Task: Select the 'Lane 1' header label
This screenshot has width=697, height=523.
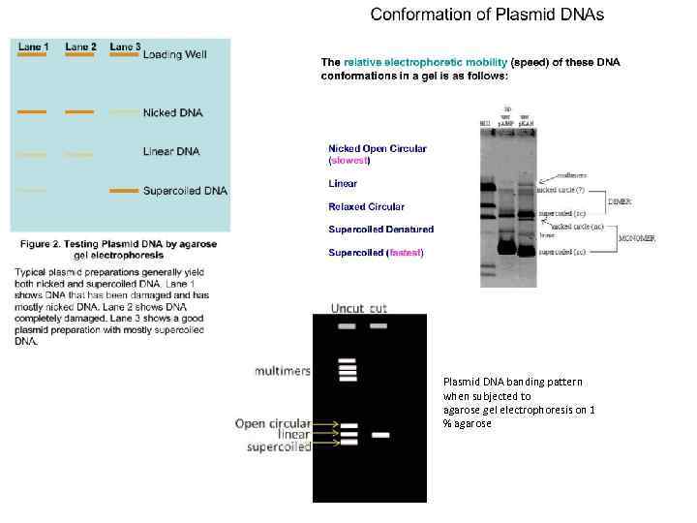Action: (34, 46)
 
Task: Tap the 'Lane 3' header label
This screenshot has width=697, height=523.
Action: (125, 46)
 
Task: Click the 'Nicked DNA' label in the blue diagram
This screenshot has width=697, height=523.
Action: (172, 113)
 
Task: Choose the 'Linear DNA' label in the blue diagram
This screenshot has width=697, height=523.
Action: (172, 153)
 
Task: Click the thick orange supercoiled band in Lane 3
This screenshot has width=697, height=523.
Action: (124, 191)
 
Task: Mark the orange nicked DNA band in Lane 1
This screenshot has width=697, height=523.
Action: (32, 112)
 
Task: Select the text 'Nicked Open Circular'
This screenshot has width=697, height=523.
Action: (378, 149)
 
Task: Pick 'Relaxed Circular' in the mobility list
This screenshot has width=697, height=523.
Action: (366, 206)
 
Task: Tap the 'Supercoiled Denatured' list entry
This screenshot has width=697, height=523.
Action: (380, 230)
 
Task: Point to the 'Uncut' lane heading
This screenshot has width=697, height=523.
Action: (348, 308)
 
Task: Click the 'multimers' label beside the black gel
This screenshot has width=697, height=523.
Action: (283, 371)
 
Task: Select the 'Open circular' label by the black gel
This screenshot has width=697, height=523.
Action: (272, 423)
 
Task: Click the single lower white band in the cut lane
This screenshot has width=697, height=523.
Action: (380, 435)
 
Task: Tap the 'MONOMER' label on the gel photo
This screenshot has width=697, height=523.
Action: (638, 238)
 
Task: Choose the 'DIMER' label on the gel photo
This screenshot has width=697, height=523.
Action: (620, 201)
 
